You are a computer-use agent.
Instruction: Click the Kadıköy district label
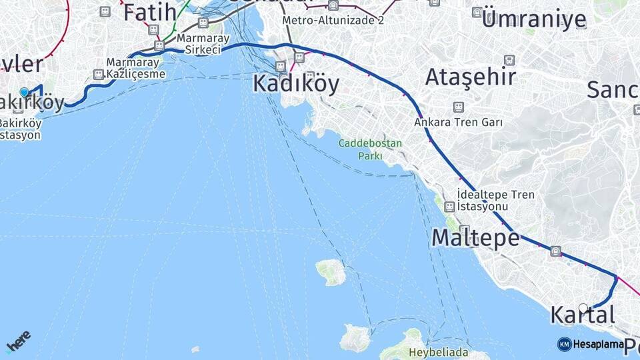tap(295, 84)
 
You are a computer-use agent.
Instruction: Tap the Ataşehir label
tap(471, 77)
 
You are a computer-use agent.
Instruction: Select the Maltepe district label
tap(475, 237)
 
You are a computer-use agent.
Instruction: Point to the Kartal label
tap(582, 315)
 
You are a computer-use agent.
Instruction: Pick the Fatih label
tap(150, 11)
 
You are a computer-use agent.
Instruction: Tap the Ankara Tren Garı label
tap(458, 123)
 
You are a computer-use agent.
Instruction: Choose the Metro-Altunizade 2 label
tap(333, 21)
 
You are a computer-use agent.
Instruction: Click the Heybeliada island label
tap(440, 353)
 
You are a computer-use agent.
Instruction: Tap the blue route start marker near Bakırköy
tap(25, 93)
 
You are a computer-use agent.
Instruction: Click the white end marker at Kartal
tap(583, 308)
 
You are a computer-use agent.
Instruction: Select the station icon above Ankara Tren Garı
tap(458, 107)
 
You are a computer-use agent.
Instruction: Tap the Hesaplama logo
tap(591, 344)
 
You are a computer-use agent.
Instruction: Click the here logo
tap(18, 341)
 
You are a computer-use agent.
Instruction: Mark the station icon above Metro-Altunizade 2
tap(333, 6)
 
